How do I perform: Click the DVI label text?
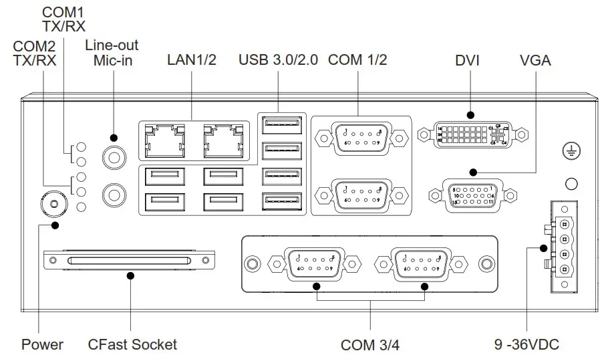click(x=468, y=60)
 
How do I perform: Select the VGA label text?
click(x=535, y=60)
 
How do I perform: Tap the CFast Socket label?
click(x=132, y=345)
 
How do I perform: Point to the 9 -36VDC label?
click(x=526, y=345)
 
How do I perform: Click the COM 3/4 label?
click(x=370, y=346)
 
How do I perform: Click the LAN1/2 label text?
click(x=192, y=60)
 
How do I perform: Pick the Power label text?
click(x=42, y=345)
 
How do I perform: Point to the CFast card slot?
click(x=130, y=261)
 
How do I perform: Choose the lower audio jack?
click(x=113, y=195)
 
